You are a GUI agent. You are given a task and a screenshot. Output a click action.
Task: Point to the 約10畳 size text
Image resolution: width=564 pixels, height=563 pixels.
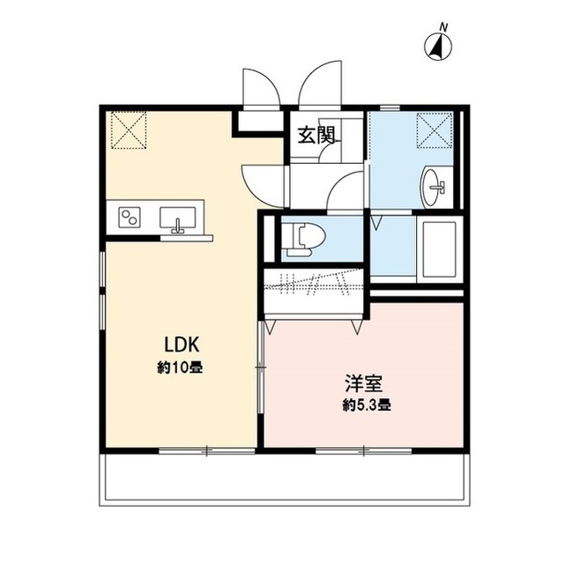click(x=181, y=367)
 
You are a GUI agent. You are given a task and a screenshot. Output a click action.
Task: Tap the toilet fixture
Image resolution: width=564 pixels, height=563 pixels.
click(x=301, y=239)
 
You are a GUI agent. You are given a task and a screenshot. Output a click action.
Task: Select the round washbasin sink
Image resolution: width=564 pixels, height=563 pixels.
click(x=434, y=186)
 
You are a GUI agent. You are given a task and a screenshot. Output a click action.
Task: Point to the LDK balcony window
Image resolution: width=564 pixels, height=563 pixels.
click(x=205, y=451)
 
